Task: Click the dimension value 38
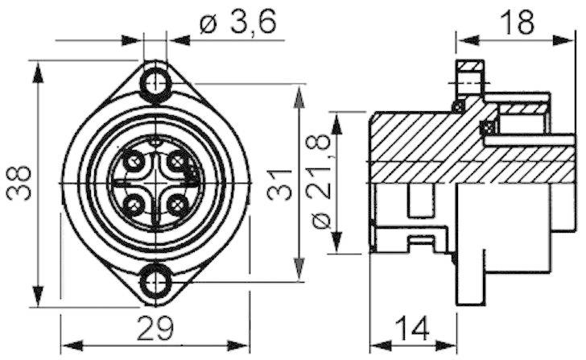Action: (x=21, y=184)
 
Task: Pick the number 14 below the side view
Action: (x=412, y=330)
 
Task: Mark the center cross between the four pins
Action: (x=155, y=185)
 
